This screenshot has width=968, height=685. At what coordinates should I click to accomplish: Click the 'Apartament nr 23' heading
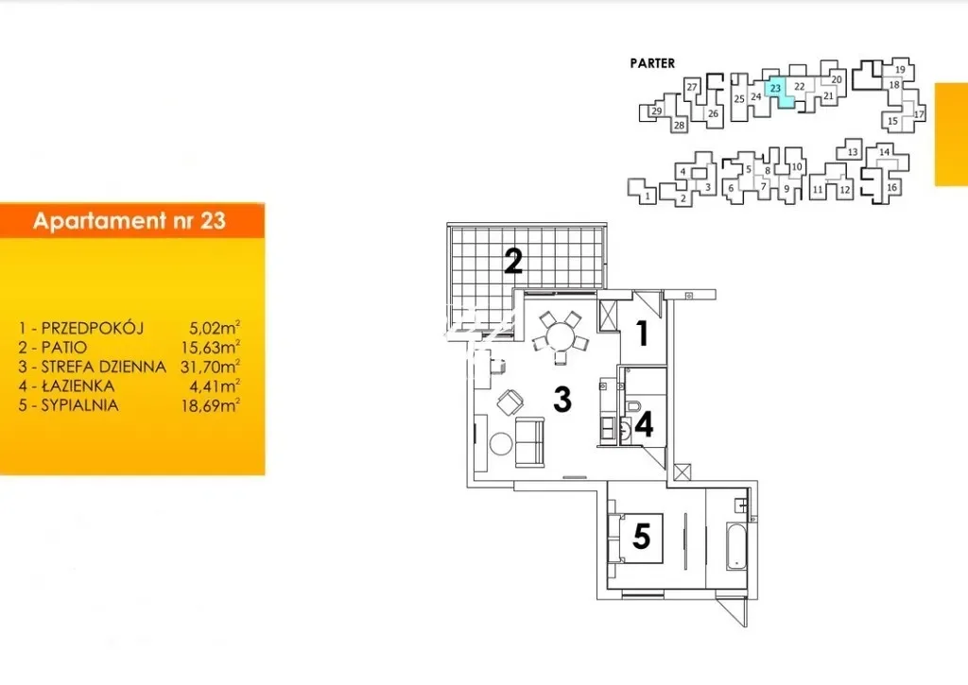pos(129,221)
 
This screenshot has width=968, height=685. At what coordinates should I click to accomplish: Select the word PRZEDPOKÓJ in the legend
pos(92,328)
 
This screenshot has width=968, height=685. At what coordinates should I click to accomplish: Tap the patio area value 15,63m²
pos(210,347)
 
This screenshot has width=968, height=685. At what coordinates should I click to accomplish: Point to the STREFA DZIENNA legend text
pos(103,367)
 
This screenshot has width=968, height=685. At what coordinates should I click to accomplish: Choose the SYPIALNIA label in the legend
pos(79,405)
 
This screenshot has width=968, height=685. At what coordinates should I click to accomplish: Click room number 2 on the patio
pos(513,261)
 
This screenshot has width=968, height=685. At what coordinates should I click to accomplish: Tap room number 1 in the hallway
pos(643,333)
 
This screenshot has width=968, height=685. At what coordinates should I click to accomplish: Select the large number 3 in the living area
pos(562,400)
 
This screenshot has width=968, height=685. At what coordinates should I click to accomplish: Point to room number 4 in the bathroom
pos(644,424)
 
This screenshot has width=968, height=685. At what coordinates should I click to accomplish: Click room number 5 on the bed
pos(642,536)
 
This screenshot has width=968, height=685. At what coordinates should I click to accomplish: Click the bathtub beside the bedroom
pos(736,546)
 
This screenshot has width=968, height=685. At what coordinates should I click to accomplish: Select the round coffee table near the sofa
pos(501,444)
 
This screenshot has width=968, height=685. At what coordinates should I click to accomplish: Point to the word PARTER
pos(652,63)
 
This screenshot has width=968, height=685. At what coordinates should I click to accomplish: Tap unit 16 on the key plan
pos(891,188)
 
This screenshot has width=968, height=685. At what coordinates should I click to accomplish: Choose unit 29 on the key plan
pos(656,111)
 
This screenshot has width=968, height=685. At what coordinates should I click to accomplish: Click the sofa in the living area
pos(529,440)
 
